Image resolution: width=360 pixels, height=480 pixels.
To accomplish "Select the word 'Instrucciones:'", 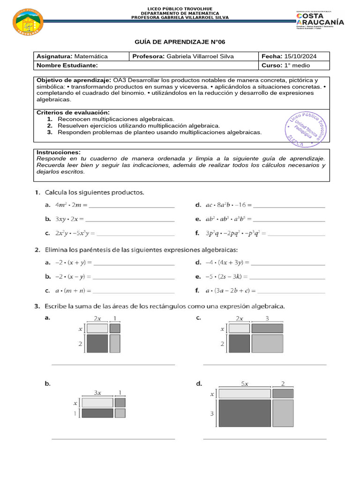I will (59, 152).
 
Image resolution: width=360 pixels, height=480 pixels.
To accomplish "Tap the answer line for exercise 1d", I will (289, 206).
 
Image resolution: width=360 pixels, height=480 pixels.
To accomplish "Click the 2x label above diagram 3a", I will (97, 318).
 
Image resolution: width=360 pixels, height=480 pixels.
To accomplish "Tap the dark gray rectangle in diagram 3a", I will (97, 343).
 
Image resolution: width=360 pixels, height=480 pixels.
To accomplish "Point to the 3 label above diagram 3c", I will (267, 318).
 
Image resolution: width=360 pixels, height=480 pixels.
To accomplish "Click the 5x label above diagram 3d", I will (245, 383).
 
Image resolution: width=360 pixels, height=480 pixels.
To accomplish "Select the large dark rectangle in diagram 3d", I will (245, 413).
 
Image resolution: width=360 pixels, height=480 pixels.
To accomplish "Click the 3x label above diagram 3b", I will (97, 392).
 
